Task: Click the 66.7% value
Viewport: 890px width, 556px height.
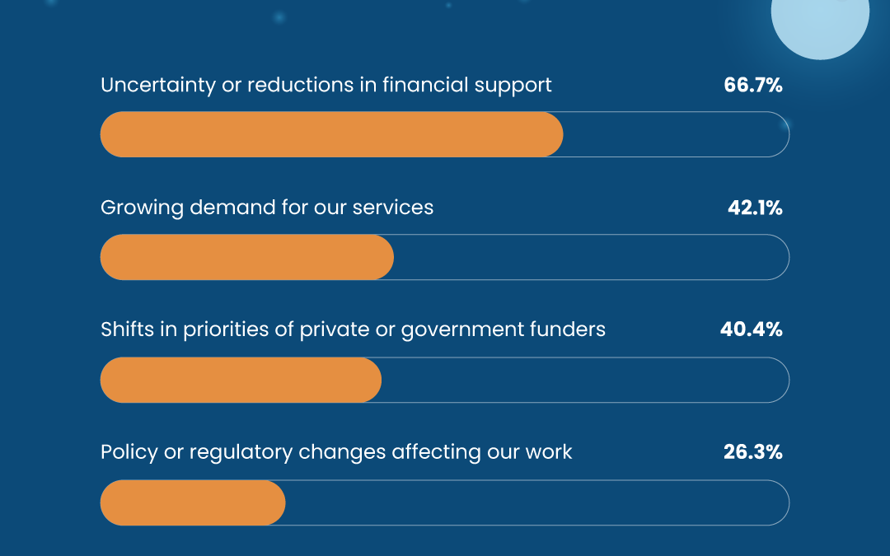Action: [x=753, y=85]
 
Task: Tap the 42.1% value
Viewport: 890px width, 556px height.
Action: [x=755, y=208]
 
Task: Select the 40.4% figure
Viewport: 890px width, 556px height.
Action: [x=752, y=329]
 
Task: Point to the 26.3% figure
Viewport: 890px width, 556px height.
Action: [x=753, y=451]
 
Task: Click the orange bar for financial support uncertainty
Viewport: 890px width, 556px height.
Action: [x=331, y=134]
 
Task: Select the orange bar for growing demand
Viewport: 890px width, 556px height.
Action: [x=247, y=257]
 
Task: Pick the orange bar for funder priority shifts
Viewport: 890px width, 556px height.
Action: [x=241, y=380]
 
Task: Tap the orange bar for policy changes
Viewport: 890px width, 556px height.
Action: [x=193, y=502]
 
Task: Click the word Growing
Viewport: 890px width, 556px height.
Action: [x=142, y=208]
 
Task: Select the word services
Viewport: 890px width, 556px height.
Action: [x=393, y=208]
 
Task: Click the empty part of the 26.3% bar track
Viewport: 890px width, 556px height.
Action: [x=536, y=502]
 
